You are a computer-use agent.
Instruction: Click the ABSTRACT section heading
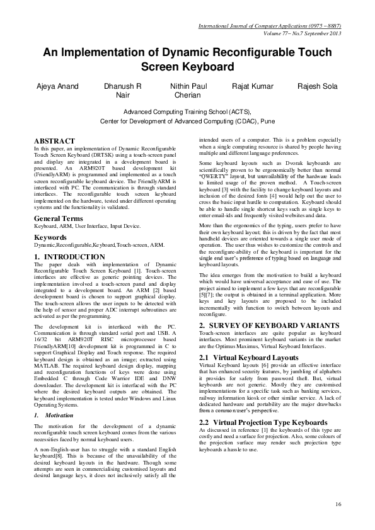coord(55,142)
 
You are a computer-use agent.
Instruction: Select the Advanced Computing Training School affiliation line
coord(187,111)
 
